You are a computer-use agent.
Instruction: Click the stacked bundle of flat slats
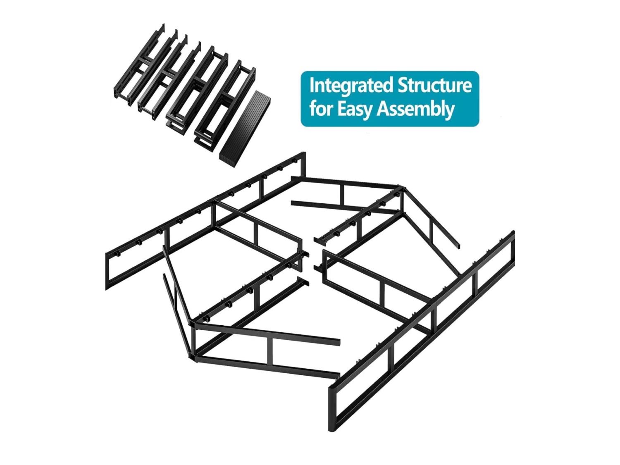coord(245,129)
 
